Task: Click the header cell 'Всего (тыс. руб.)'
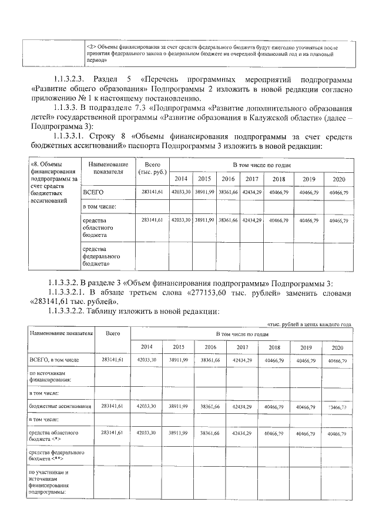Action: (151, 168)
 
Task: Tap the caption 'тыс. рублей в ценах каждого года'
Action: (310, 324)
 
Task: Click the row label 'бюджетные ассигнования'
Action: (59, 406)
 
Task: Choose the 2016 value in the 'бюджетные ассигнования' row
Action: (210, 406)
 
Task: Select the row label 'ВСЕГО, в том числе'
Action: (53, 359)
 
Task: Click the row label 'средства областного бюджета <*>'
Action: (53, 436)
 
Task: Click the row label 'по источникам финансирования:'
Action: (49, 376)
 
